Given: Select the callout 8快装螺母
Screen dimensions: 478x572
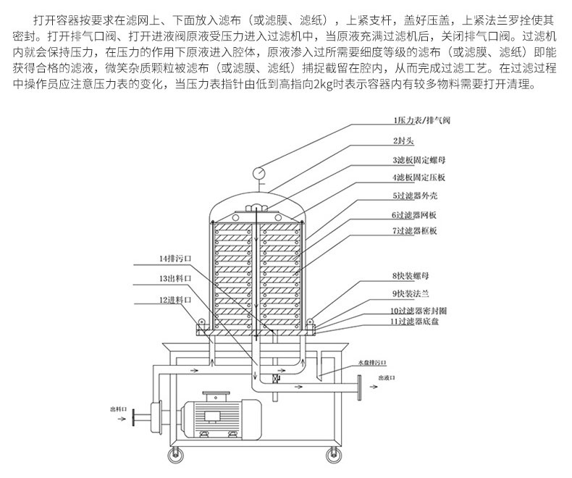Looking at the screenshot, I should tap(410, 275).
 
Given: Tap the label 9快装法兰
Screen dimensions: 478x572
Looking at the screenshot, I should tap(410, 294).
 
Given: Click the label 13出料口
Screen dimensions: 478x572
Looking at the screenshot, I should tap(175, 277).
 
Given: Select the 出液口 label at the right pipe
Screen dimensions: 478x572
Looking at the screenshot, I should tap(385, 377).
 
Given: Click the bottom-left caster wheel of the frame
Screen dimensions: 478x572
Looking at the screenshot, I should tap(175, 456).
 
